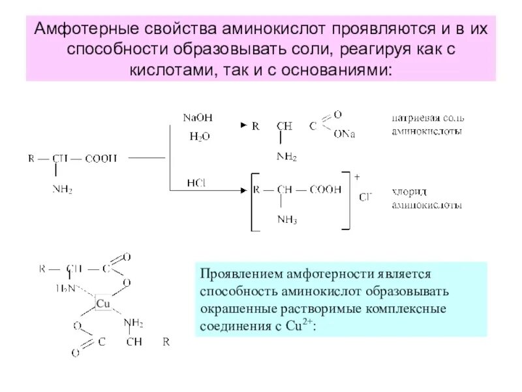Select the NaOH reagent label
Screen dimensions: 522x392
pos(197,117)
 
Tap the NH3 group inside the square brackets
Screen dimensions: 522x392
pos(286,220)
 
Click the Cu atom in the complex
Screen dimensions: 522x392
pos(103,304)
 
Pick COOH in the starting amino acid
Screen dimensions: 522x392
pos(101,158)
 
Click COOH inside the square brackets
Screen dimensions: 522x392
pos(326,190)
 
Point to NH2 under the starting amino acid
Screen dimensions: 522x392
pos(62,190)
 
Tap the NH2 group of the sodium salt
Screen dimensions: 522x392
pos(286,156)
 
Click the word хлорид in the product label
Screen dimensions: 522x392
pos(408,194)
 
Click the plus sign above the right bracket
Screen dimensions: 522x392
pos(357,176)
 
